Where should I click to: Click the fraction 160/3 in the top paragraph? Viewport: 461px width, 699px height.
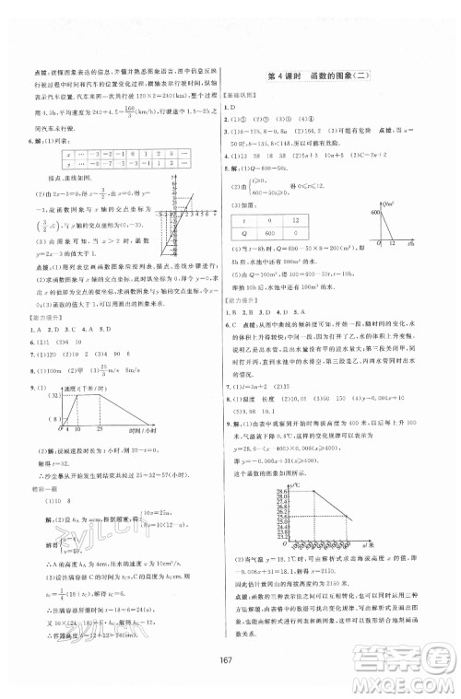click(x=114, y=108)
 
